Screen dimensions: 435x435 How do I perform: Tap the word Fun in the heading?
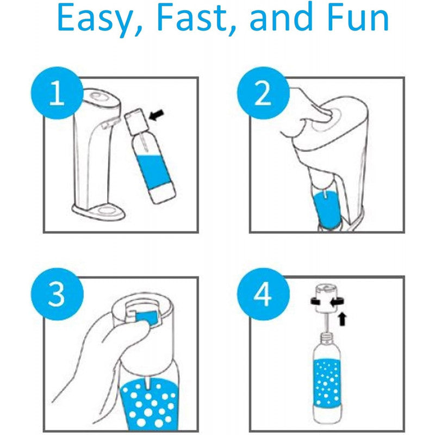click(358, 17)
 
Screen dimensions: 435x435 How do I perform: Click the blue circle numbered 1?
click(57, 93)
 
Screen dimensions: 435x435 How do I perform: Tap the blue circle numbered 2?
click(263, 93)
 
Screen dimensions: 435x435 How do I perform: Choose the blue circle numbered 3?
click(57, 294)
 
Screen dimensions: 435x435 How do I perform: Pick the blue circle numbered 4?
click(263, 294)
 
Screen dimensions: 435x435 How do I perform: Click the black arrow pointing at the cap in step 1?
click(157, 115)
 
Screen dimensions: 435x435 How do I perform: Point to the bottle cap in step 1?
click(135, 120)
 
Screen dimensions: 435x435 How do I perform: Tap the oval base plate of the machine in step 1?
click(98, 212)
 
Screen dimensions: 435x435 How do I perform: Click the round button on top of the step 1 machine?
click(98, 97)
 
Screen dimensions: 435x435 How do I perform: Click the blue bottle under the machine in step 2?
click(327, 209)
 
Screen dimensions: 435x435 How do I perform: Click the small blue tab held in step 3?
click(146, 316)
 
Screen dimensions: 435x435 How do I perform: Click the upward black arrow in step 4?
click(343, 319)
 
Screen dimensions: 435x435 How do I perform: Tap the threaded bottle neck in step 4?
click(327, 338)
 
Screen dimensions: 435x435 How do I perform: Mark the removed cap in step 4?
click(327, 298)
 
